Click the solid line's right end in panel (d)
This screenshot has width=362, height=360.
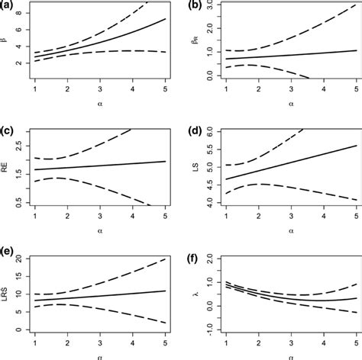(x=351, y=145)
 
